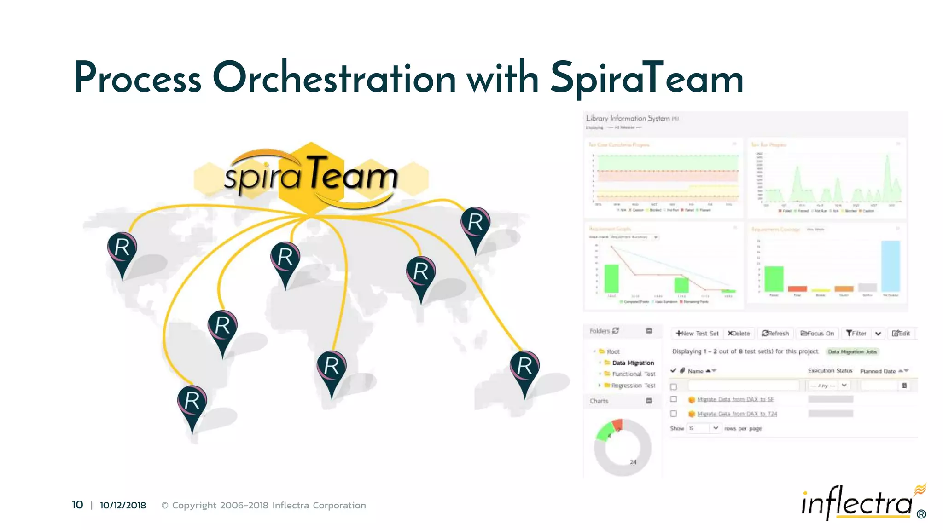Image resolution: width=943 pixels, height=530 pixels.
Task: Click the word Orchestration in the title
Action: [334, 78]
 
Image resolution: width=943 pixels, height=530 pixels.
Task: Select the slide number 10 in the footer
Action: [77, 505]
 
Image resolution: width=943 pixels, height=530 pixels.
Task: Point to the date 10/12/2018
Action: [123, 505]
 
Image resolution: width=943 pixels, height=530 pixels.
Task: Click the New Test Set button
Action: [697, 333]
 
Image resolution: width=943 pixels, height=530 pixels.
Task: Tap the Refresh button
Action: [775, 333]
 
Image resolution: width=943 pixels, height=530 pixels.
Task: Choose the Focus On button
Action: [817, 333]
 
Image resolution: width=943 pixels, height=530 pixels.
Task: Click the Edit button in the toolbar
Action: [901, 333]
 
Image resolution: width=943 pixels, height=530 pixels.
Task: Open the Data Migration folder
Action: [633, 363]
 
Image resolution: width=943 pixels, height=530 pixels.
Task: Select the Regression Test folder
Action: [633, 386]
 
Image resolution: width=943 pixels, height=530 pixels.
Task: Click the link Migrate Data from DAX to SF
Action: [735, 399]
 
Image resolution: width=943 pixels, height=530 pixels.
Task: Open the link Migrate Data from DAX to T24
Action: [737, 414]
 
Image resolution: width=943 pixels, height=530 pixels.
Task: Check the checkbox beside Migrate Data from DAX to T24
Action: [674, 414]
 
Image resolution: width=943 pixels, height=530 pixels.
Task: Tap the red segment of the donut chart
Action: [617, 425]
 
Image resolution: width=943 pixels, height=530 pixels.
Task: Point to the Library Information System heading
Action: [628, 118]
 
